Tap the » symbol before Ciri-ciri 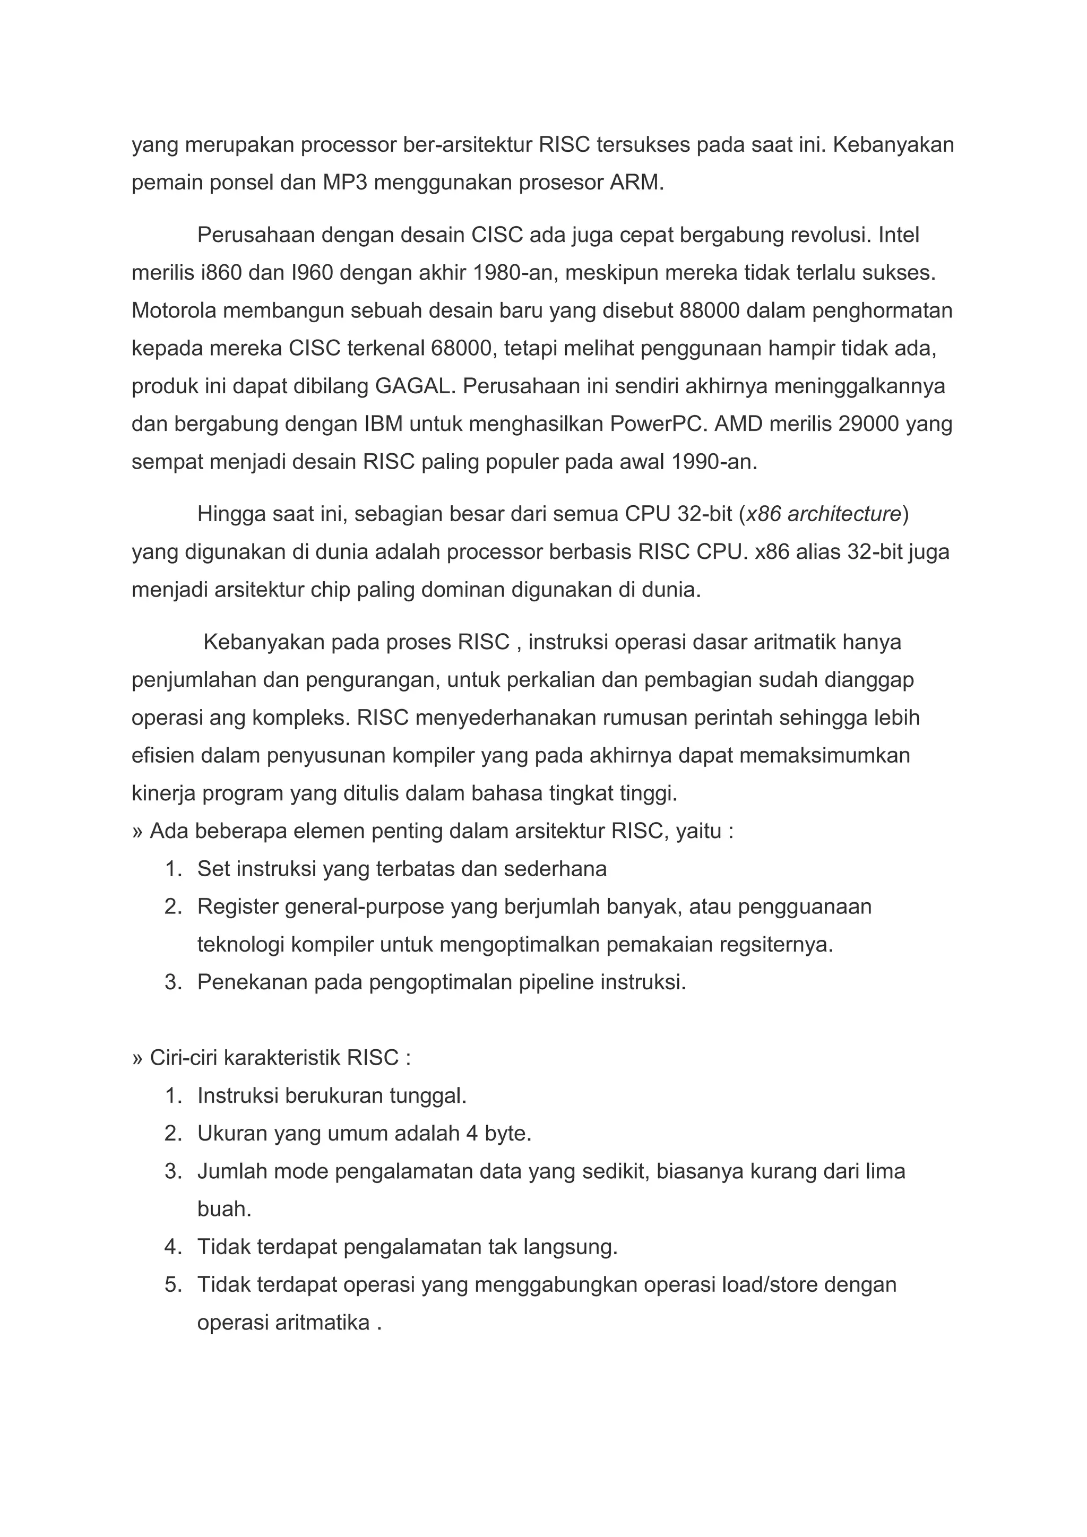138,1058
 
